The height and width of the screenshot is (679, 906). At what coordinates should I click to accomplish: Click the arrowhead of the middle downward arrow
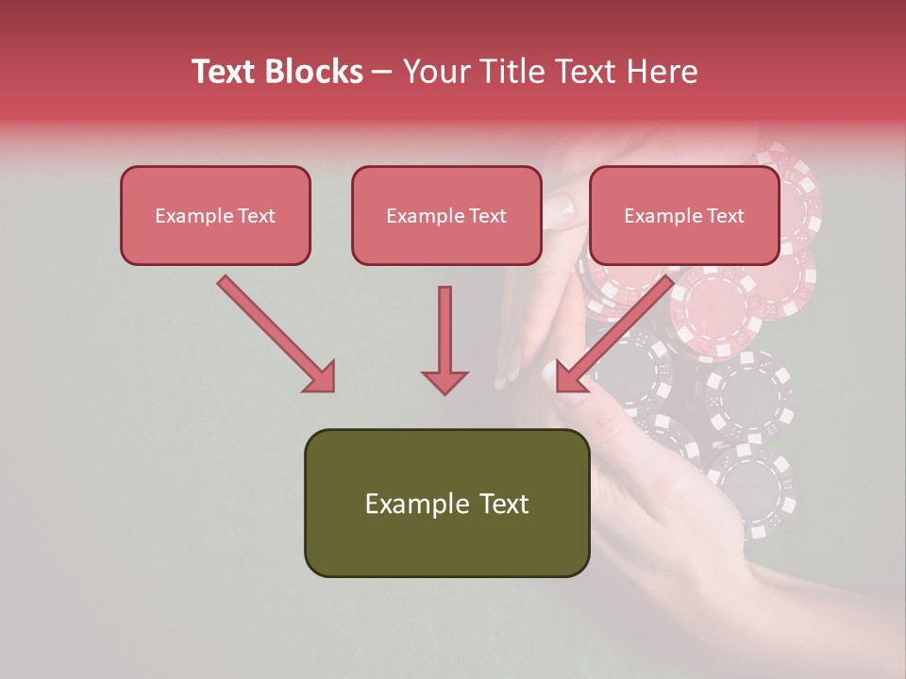coord(445,381)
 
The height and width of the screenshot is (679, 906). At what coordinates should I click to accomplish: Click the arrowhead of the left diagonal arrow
coord(319,376)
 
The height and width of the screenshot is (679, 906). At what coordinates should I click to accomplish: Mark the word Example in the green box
coord(415,504)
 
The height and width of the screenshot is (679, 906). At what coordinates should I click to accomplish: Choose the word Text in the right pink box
coord(726,216)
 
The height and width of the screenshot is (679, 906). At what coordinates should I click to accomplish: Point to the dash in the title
coord(382,73)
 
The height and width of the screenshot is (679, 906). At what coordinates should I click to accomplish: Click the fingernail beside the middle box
coord(561,209)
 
